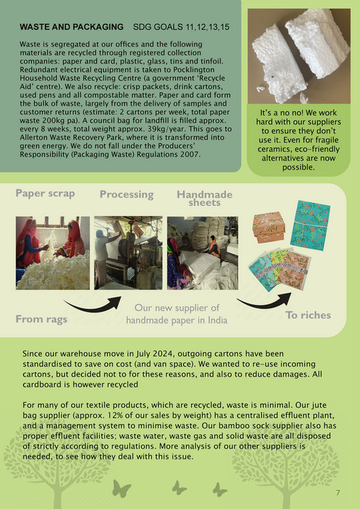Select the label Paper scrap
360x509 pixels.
point(45,193)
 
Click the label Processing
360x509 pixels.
point(126,194)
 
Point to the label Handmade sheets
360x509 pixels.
point(205,197)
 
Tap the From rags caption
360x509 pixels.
point(42,319)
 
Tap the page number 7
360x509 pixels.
point(338,493)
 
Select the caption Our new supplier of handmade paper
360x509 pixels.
point(177,314)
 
